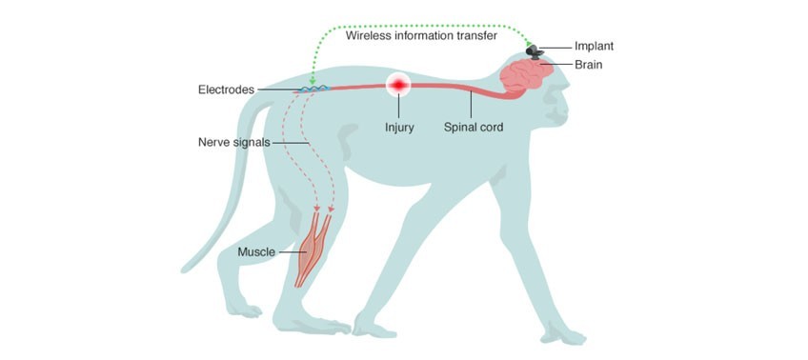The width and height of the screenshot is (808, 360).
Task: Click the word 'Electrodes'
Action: (x=226, y=90)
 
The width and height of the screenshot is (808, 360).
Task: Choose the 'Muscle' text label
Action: (x=257, y=252)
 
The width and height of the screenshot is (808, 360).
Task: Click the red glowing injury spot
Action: (x=398, y=87)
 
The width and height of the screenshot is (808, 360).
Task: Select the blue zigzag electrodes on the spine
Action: (x=314, y=90)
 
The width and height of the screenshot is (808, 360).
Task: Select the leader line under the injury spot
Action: (x=398, y=107)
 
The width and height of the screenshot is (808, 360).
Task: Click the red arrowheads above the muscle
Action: (x=324, y=207)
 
